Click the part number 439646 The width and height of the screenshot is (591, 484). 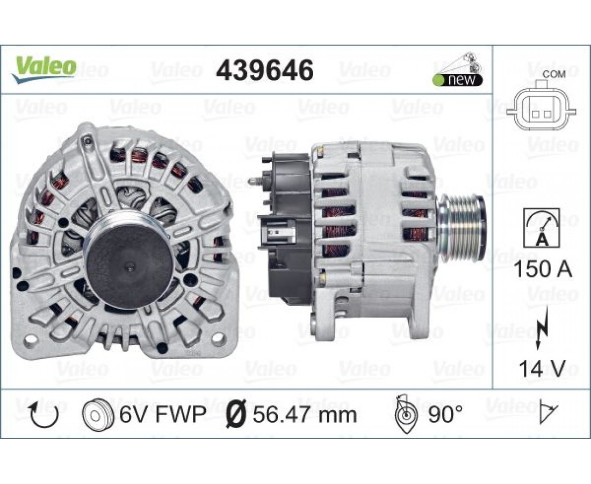click(x=264, y=70)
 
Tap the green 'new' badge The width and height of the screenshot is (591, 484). click(x=458, y=80)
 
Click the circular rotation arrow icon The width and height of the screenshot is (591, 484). click(x=45, y=414)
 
